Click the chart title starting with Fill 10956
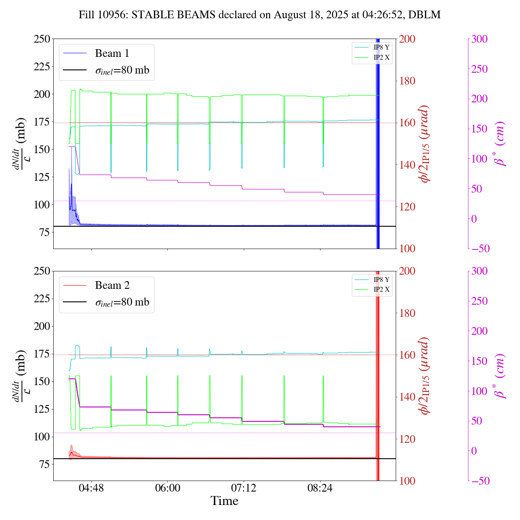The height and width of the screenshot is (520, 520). pyautogui.click(x=260, y=15)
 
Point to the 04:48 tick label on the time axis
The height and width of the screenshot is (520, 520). pyautogui.click(x=91, y=487)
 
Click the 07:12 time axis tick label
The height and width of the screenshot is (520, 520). pyautogui.click(x=244, y=487)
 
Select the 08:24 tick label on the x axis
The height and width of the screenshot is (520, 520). pyautogui.click(x=320, y=487)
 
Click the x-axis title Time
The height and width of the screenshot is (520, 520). pyautogui.click(x=224, y=501)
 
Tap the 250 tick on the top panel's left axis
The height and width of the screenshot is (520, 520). pyautogui.click(x=42, y=39)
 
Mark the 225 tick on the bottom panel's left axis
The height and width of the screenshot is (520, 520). pyautogui.click(x=42, y=299)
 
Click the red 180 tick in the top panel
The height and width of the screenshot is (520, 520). pyautogui.click(x=407, y=81)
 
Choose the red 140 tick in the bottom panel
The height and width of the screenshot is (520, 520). pyautogui.click(x=407, y=397)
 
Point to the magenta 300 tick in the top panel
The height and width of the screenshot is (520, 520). pyautogui.click(x=479, y=39)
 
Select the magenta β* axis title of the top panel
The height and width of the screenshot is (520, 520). pyautogui.click(x=500, y=144)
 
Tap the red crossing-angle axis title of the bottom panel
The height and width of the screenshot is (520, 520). pyautogui.click(x=425, y=376)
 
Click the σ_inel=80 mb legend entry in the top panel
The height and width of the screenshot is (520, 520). pyautogui.click(x=122, y=70)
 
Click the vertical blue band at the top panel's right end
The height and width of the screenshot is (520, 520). pyautogui.click(x=378, y=142)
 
